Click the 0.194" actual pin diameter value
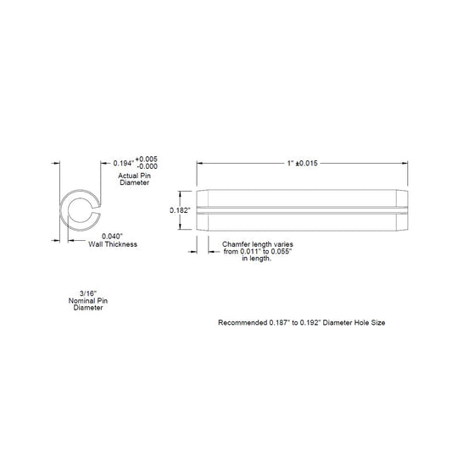point(124,163)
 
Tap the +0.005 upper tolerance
point(147,159)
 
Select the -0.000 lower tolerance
point(147,166)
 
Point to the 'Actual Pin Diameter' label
point(134,179)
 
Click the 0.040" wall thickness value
point(110,237)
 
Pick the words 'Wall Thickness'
point(113,244)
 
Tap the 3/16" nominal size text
point(88,293)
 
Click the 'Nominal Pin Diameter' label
point(88,304)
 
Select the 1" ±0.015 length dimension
point(303,163)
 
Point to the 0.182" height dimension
point(180,210)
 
